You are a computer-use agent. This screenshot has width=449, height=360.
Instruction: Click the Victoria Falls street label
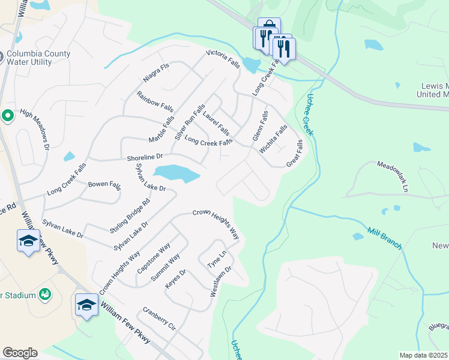(x=223, y=59)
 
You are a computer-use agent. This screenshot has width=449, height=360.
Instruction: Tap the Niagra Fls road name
(x=157, y=73)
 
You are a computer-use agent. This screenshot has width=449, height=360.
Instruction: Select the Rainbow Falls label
(x=155, y=102)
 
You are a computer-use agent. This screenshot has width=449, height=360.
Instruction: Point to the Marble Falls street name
(x=161, y=130)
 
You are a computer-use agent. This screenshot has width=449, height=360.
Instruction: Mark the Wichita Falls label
(x=273, y=140)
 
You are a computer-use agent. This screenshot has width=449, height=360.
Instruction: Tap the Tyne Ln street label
(x=217, y=259)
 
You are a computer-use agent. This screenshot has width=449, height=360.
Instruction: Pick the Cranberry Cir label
(x=158, y=320)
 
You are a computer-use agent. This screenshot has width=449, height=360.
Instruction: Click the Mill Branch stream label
(x=384, y=238)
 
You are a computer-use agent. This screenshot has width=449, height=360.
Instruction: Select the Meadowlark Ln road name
(x=393, y=175)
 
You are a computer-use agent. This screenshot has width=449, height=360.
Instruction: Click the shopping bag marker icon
(x=268, y=25)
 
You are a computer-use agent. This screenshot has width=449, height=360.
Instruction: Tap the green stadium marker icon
(x=44, y=294)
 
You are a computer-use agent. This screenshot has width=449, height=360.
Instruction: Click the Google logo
(x=20, y=353)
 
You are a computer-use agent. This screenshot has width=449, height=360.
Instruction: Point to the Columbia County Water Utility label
(x=39, y=58)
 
